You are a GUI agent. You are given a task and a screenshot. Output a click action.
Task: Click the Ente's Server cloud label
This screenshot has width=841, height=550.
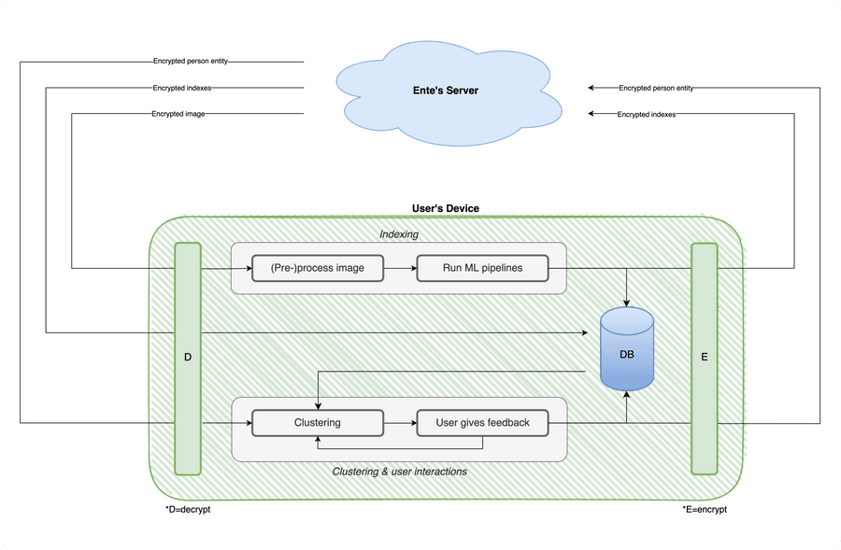coord(447,91)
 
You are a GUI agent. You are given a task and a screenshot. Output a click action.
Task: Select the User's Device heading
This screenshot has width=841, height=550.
coord(446,208)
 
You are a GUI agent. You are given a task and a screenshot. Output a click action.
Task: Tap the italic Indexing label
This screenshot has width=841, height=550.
coord(399,234)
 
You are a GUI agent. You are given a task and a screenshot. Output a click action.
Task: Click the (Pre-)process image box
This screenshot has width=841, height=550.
coord(318,268)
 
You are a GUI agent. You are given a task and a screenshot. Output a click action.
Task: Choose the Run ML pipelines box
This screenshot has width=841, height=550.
coord(482,268)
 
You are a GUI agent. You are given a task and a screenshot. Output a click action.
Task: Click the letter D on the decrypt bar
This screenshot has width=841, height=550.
coord(188,358)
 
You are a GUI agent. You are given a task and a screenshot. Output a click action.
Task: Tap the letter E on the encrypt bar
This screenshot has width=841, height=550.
coord(704,358)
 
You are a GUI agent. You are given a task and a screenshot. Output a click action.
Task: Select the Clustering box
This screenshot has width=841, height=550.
coord(318,423)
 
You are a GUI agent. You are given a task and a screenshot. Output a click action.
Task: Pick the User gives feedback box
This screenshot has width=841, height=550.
coord(482,423)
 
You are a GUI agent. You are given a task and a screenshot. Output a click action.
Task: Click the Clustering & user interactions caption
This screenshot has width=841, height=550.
coord(399,472)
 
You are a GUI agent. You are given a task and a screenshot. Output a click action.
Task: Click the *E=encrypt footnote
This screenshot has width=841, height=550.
coord(705,510)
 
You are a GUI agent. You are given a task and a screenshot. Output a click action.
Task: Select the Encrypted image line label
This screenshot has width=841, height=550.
coord(178,114)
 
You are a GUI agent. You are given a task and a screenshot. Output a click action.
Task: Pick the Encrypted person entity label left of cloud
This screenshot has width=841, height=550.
coord(191,62)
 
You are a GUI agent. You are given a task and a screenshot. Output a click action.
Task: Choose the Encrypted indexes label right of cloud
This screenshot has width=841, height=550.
coord(647,114)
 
